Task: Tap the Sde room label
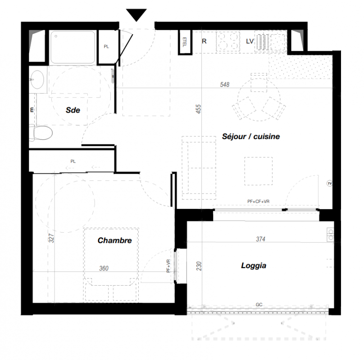[73, 110]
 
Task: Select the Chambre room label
[115, 240]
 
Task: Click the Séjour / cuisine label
[251, 136]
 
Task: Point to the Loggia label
[254, 265]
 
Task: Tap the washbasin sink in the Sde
[37, 80]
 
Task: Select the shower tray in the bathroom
[73, 47]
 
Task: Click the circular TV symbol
[330, 184]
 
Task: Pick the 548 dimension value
[225, 85]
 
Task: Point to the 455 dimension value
[198, 109]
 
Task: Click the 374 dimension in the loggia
[260, 239]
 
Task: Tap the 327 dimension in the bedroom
[51, 238]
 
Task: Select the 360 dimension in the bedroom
[104, 268]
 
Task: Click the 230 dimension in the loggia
[199, 266]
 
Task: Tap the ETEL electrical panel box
[185, 42]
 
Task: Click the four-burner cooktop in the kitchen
[228, 41]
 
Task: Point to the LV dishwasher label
[250, 41]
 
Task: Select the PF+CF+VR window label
[259, 202]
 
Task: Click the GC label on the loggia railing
[259, 305]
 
